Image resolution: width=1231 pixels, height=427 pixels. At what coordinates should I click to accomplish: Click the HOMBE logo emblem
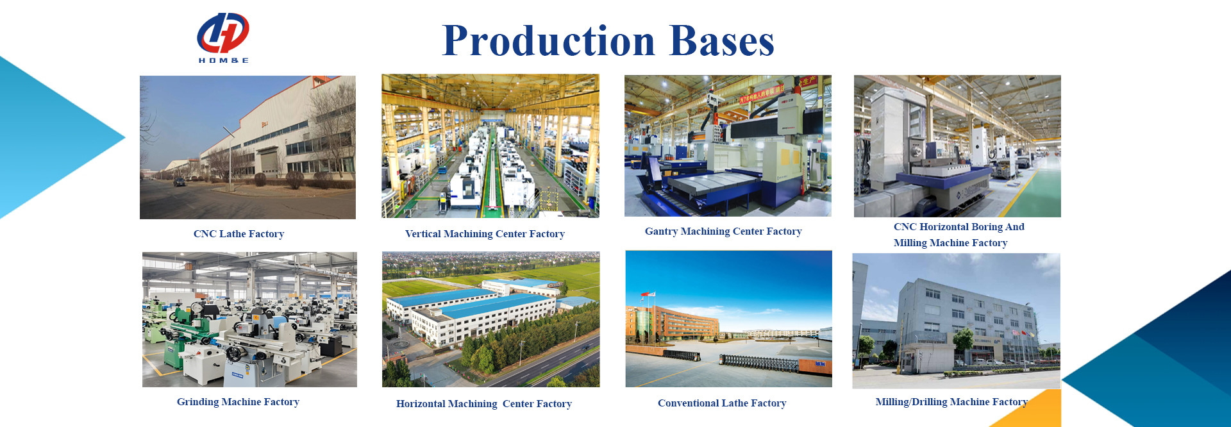[222, 33]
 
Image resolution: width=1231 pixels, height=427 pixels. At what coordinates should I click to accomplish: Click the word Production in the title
[549, 41]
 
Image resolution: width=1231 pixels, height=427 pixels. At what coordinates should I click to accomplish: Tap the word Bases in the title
[722, 41]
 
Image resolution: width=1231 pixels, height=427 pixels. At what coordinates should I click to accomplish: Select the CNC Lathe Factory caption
[239, 234]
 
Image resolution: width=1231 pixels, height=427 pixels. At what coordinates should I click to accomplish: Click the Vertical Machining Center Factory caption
[485, 234]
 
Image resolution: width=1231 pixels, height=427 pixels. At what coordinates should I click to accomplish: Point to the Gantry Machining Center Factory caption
[723, 231]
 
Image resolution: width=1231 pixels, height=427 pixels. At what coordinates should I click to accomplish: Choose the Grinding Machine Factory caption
[238, 402]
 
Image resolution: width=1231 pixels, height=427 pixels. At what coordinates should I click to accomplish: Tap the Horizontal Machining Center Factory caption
[484, 404]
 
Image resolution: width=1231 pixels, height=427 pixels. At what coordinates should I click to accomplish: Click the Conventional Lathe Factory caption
[722, 403]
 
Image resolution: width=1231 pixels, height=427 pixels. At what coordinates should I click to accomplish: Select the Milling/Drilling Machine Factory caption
[951, 402]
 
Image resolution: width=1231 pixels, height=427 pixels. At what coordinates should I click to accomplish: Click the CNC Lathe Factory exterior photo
[247, 147]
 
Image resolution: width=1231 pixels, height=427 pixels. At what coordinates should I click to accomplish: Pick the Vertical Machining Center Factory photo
[490, 146]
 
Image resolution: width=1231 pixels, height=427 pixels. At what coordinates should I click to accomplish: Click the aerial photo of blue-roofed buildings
[491, 319]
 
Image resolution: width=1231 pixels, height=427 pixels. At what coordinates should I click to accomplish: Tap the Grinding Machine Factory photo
[249, 319]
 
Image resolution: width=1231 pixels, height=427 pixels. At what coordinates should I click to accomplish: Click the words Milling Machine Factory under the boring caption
[951, 243]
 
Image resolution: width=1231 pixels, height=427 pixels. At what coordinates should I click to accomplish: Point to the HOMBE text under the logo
[223, 60]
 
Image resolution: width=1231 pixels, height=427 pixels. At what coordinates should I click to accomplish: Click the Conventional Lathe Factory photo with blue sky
[729, 319]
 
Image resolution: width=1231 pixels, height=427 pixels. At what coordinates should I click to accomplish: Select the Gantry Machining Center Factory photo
[728, 146]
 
